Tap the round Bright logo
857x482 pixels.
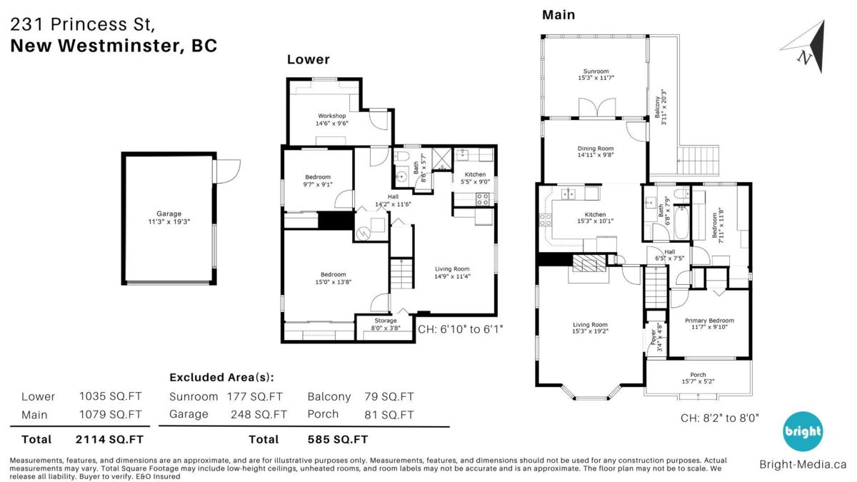point(803,431)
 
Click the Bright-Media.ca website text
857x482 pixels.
point(803,464)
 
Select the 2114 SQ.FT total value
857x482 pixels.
point(109,439)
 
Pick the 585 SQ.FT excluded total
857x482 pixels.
point(338,439)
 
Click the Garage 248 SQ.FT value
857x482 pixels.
point(259,414)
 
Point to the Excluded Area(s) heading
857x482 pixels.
point(221,377)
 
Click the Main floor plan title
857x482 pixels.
point(558,14)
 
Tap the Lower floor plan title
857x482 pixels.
point(309,59)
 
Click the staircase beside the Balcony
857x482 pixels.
point(700,157)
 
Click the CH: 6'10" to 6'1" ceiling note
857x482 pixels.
point(461,329)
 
